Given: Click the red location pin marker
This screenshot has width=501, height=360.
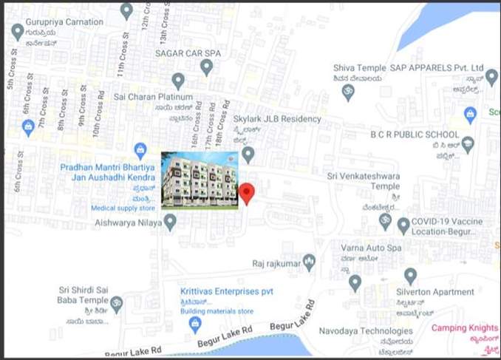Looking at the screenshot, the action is pos(248,192).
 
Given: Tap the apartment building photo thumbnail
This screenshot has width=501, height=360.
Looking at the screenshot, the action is pos(200,180).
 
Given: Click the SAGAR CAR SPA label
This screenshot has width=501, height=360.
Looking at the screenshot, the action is pos(188,53).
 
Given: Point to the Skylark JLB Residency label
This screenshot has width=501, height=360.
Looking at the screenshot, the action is pos(277,119).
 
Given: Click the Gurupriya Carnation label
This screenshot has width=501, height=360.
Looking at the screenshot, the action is pos(64,22).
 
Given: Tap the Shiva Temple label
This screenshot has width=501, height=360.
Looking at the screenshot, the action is pos(359,68).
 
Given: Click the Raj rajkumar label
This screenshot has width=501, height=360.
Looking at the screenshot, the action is pos(275,262).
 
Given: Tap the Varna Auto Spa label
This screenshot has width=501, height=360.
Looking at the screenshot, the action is pos(371,248).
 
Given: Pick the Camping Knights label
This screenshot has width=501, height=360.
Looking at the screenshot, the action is pos(465,327).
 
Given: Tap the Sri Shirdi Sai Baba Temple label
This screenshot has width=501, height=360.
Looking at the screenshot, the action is pos(82,295).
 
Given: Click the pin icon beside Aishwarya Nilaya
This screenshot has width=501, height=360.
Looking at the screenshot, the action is pos(170,221).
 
